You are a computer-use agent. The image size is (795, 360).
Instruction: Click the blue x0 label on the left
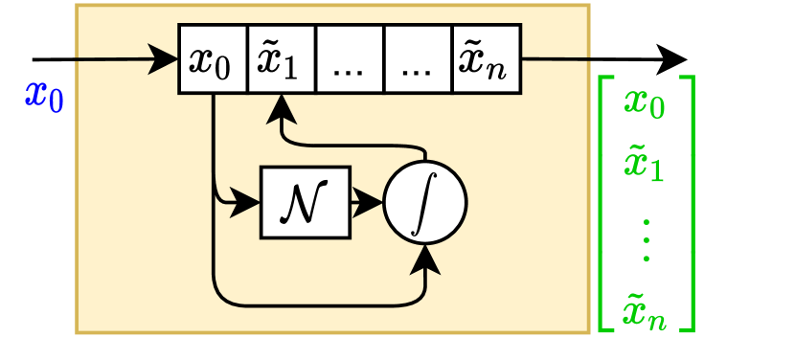click(x=44, y=96)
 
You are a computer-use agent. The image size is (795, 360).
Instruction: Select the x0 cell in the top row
click(x=213, y=59)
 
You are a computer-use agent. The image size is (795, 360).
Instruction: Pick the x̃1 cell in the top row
click(x=282, y=59)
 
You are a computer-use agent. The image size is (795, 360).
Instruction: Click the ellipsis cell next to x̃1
click(x=350, y=59)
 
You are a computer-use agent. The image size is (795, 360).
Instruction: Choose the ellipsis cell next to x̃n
click(x=418, y=59)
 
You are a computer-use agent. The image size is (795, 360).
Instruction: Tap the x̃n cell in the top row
click(x=486, y=59)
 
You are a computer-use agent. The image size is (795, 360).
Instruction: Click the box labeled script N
click(x=306, y=202)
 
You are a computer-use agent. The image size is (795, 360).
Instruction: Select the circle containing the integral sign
click(x=424, y=203)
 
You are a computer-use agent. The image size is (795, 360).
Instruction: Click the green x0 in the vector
click(x=645, y=101)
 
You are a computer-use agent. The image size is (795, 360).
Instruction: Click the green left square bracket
click(x=604, y=204)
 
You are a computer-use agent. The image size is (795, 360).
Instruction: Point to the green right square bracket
click(x=687, y=204)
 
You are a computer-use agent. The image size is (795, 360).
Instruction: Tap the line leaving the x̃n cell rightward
click(x=556, y=59)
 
